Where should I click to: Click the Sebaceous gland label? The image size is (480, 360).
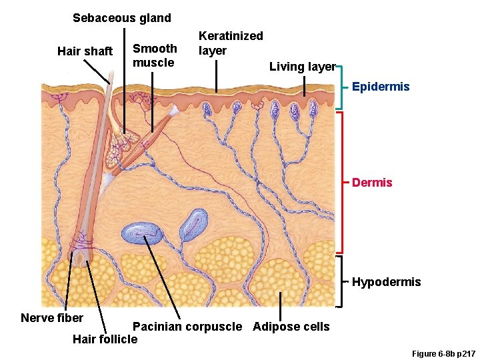(121, 18)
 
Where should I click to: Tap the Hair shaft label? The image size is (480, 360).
(85, 51)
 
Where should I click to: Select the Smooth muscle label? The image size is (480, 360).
(155, 55)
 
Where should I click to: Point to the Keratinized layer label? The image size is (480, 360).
(231, 43)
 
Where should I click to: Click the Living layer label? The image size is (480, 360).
(302, 66)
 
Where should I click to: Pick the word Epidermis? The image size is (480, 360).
(381, 87)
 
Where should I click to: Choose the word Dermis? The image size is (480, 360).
(372, 182)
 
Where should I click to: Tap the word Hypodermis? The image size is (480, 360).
(386, 282)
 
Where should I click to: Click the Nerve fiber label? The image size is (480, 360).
(52, 317)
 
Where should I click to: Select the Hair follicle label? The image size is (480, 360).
(105, 339)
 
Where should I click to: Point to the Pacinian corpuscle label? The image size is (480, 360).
(187, 327)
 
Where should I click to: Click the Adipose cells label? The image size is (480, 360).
(291, 327)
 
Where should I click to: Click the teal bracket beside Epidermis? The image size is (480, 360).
(341, 87)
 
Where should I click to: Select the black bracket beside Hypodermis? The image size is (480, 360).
(341, 282)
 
